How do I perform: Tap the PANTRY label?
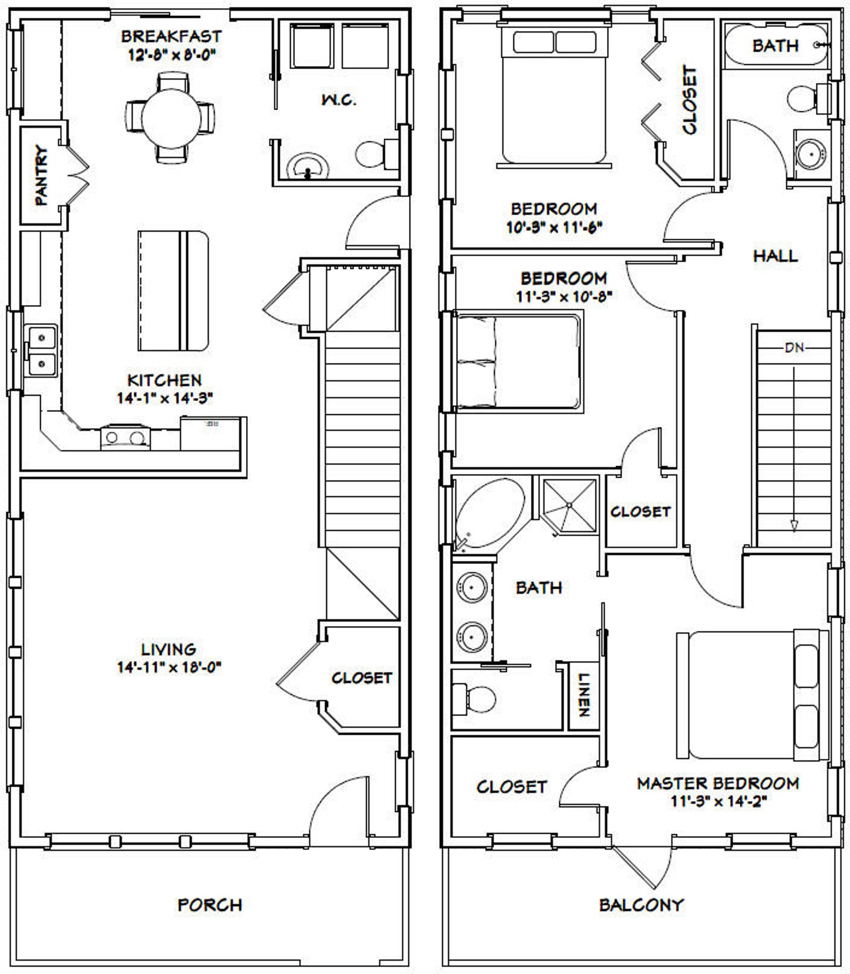[x=41, y=176]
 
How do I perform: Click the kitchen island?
[x=172, y=291]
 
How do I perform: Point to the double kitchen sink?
[x=42, y=351]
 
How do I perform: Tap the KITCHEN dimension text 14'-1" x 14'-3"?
[x=165, y=398]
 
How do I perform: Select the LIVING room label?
[x=169, y=649]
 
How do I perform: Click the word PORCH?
[x=210, y=904]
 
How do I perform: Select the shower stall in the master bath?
[x=569, y=505]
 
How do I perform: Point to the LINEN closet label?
[x=583, y=695]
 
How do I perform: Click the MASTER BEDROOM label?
[x=718, y=783]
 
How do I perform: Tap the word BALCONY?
[x=641, y=904]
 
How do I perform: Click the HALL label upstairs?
[x=775, y=256]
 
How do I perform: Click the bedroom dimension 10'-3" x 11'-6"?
[x=554, y=227]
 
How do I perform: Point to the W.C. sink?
[x=307, y=168]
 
